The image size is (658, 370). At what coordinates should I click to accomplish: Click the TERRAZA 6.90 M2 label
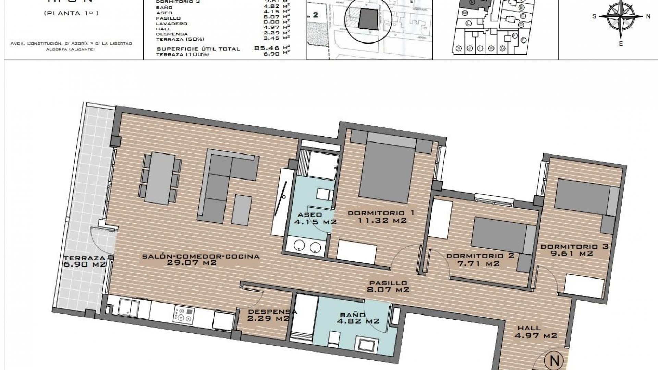[84, 261]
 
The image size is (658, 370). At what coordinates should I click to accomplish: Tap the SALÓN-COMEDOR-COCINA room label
[201, 260]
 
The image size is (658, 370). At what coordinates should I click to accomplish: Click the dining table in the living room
[161, 177]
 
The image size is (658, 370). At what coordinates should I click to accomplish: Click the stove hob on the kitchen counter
[183, 314]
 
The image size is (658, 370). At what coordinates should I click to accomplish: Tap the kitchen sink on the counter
[129, 307]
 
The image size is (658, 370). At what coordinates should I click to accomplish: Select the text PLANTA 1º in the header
[71, 14]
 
